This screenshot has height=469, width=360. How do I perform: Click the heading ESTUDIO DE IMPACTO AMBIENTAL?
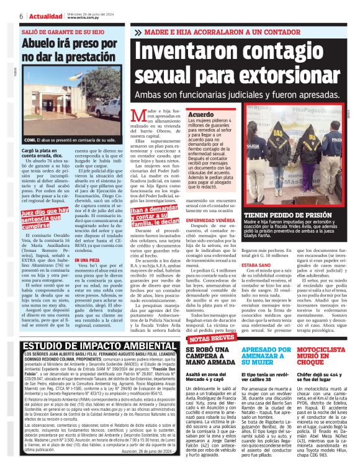click(x=92, y=346)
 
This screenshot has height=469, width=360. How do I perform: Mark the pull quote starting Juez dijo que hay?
click(x=45, y=217)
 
